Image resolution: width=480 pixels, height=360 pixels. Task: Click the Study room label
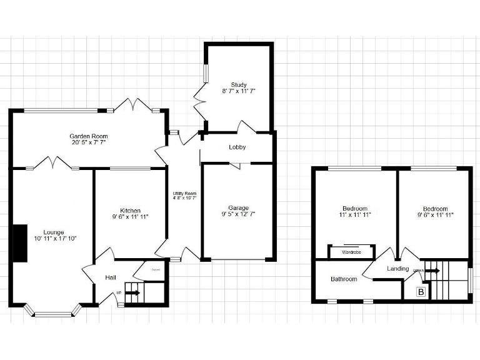[x=239, y=84]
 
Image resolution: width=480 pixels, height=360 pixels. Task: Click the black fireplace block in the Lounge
[x=21, y=242]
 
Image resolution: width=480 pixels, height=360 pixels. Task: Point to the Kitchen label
[x=131, y=210]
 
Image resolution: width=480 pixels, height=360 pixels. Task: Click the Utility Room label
[x=184, y=194]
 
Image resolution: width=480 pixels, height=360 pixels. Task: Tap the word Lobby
[x=237, y=147]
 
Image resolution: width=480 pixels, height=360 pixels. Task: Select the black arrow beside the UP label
[x=132, y=292]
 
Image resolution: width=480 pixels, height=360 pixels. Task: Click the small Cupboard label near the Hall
[x=156, y=269]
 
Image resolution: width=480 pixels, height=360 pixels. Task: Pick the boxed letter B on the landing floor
[x=421, y=292]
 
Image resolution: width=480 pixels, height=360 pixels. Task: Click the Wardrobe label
[x=352, y=252]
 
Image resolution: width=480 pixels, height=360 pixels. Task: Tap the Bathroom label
[x=344, y=279]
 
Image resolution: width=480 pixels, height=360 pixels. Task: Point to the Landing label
[x=398, y=269]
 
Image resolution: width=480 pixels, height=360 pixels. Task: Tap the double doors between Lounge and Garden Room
[x=51, y=164]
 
